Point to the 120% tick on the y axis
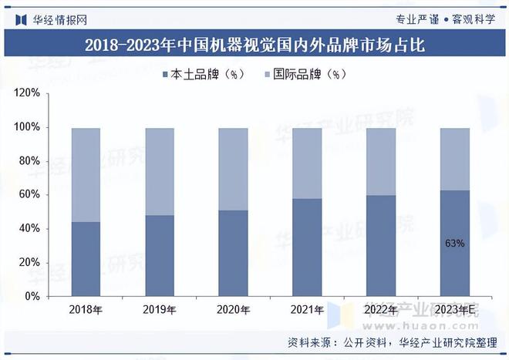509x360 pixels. tap(28, 93)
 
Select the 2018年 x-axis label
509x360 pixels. tap(86, 310)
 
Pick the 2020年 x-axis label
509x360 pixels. tap(233, 310)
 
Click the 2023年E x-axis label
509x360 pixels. tap(454, 310)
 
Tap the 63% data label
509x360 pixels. tap(455, 244)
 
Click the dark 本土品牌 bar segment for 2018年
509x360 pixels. tap(86, 259)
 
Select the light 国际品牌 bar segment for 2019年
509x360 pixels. tap(160, 171)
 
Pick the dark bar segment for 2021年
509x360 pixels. tap(307, 247)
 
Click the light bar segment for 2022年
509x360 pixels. tap(381, 161)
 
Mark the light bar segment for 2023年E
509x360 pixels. tap(454, 159)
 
